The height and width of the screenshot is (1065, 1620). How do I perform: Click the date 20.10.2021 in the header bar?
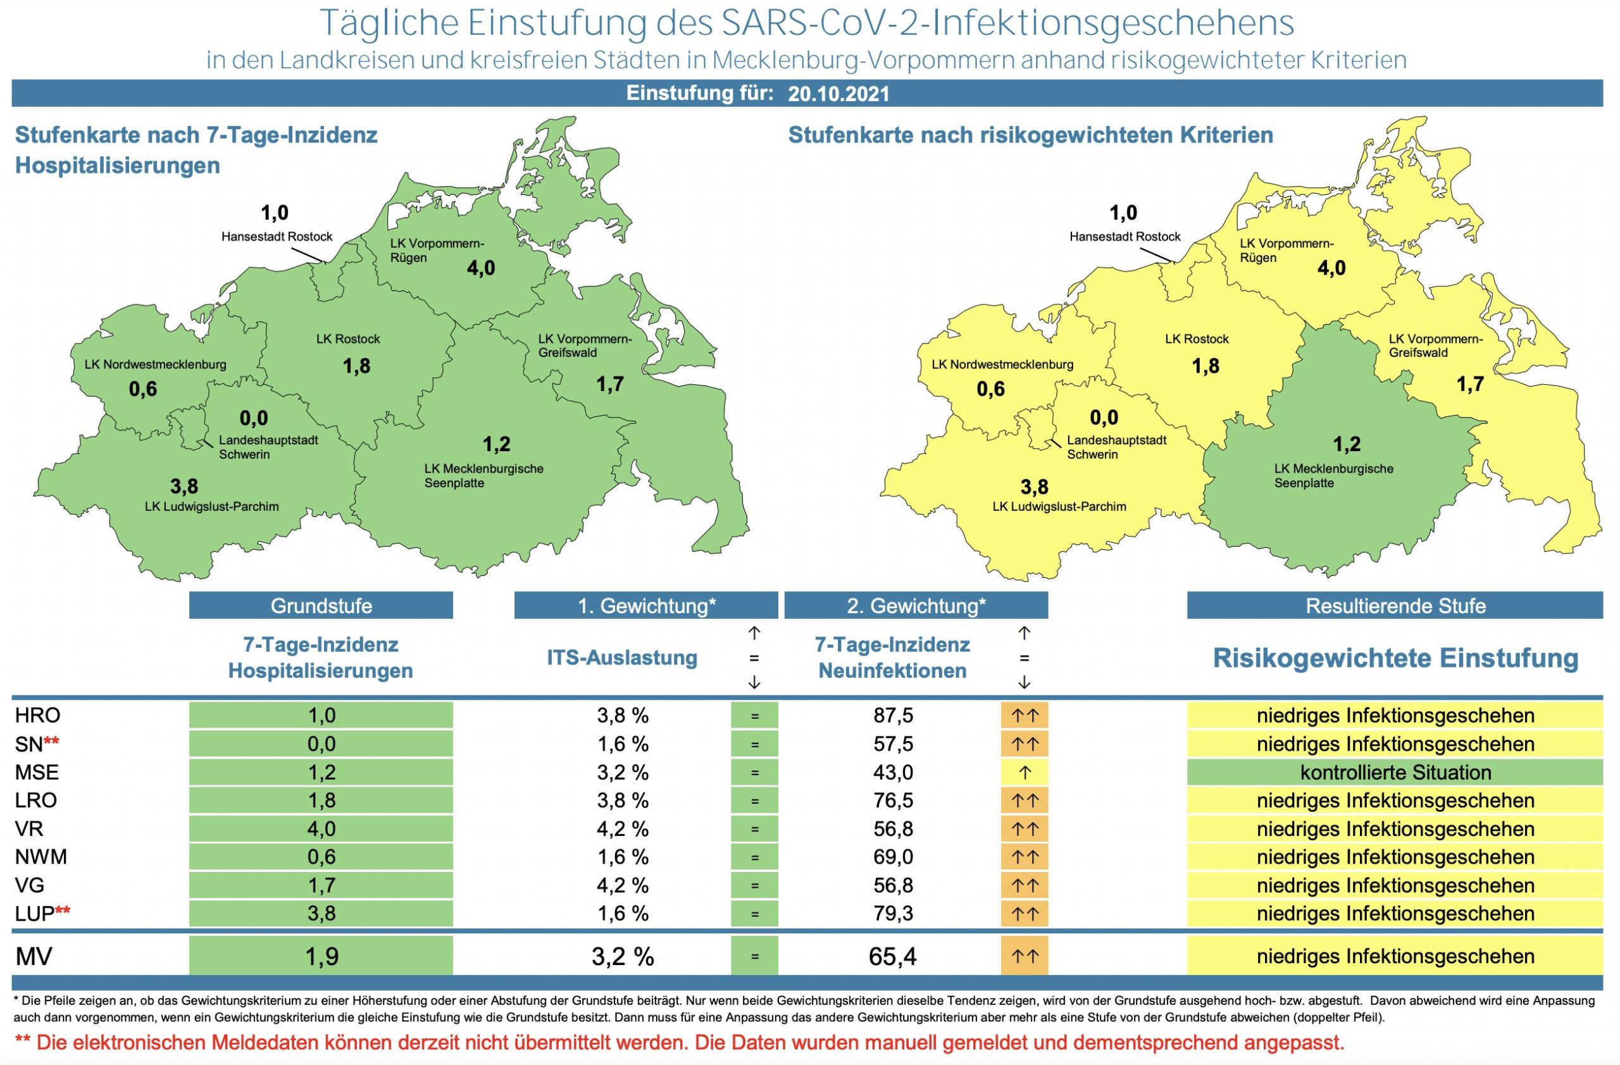point(838,94)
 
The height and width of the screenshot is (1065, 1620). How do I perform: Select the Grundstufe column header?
point(321,606)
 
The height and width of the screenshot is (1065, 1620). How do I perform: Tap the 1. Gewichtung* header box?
point(646,606)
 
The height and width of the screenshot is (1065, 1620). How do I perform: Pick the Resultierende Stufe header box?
point(1395,606)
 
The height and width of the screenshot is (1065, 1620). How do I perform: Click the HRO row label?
point(37,716)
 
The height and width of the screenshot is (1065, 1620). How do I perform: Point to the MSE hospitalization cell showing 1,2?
point(321,773)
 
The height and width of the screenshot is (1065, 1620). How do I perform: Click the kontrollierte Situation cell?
point(1395,773)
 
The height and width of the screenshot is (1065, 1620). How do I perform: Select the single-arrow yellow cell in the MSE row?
point(1025,773)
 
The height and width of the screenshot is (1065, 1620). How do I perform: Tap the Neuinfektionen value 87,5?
point(893,716)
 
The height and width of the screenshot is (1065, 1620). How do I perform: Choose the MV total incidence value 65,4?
point(892,957)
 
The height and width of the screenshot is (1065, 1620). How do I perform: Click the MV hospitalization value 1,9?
point(321,957)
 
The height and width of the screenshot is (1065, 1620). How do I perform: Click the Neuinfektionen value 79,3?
point(893,914)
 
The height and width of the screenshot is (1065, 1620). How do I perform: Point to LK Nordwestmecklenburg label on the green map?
point(155,364)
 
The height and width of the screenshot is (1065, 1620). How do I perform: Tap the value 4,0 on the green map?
point(480,268)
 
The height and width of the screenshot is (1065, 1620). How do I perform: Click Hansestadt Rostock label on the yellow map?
point(1125,237)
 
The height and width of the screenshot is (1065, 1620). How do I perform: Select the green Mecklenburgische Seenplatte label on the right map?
point(1333,476)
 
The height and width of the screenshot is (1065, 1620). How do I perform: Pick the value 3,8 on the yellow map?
point(1034,487)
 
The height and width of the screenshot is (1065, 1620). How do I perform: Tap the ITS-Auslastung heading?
point(622,658)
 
